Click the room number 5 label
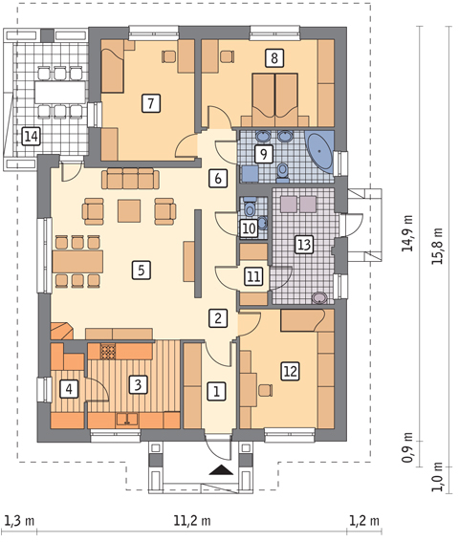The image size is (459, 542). click(x=142, y=270)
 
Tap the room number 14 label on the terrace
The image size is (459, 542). click(x=31, y=136)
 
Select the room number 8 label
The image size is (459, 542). click(x=274, y=57)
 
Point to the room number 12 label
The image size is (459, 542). click(x=290, y=371)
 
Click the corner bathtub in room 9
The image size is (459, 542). click(x=321, y=151)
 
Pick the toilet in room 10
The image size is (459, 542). click(x=250, y=207)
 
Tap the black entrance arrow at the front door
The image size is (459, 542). click(x=220, y=470)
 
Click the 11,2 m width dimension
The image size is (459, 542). click(x=191, y=520)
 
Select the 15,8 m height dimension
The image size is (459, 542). click(x=437, y=246)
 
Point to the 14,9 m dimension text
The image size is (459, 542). click(x=407, y=233)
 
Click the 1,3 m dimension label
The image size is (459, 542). click(x=19, y=520)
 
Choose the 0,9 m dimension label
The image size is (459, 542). click(x=407, y=447)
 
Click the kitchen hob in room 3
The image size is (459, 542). click(x=107, y=352)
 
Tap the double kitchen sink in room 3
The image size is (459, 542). click(x=127, y=420)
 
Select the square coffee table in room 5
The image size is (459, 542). click(x=129, y=210)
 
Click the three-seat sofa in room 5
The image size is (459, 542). click(x=130, y=179)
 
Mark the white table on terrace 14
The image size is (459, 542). click(x=60, y=92)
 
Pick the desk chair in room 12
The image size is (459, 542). click(x=265, y=391)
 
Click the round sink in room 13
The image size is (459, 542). click(x=319, y=297)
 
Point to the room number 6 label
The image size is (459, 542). click(x=218, y=179)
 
